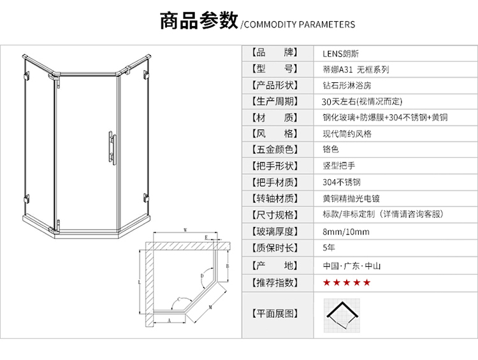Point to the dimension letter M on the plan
click(210, 306)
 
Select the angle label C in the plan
click(179, 298)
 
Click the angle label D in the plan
click(202, 276)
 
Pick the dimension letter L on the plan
click(139, 280)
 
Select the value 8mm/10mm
click(346, 231)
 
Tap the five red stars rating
click(346, 282)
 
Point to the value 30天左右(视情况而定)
click(363, 101)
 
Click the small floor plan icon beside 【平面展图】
click(342, 313)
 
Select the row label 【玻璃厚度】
click(274, 231)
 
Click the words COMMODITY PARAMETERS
click(299, 25)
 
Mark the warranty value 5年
click(329, 248)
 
